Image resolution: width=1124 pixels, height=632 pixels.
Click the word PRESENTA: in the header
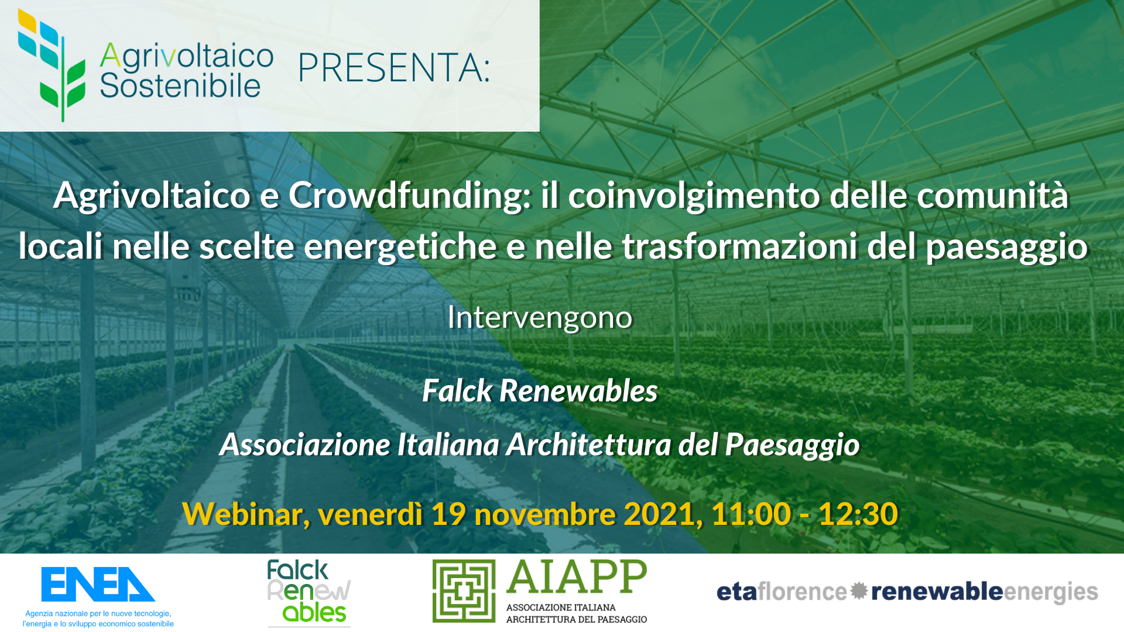[393, 68]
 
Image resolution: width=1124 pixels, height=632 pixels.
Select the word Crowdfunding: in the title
[410, 195]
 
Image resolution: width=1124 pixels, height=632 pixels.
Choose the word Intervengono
[540, 318]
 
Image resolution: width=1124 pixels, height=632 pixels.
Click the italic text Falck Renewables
[540, 391]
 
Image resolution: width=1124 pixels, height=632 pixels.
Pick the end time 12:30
[858, 514]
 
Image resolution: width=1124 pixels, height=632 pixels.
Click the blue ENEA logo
[98, 585]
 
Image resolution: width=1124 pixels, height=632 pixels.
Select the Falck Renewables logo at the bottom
[309, 592]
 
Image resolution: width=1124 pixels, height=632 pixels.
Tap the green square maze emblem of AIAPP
[464, 591]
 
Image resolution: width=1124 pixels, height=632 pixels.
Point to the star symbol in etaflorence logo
[859, 591]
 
